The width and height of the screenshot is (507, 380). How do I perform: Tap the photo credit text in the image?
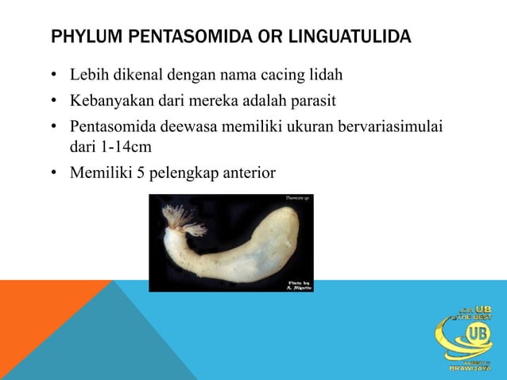point(298,285)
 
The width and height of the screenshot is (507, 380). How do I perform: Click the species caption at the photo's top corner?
point(296,198)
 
